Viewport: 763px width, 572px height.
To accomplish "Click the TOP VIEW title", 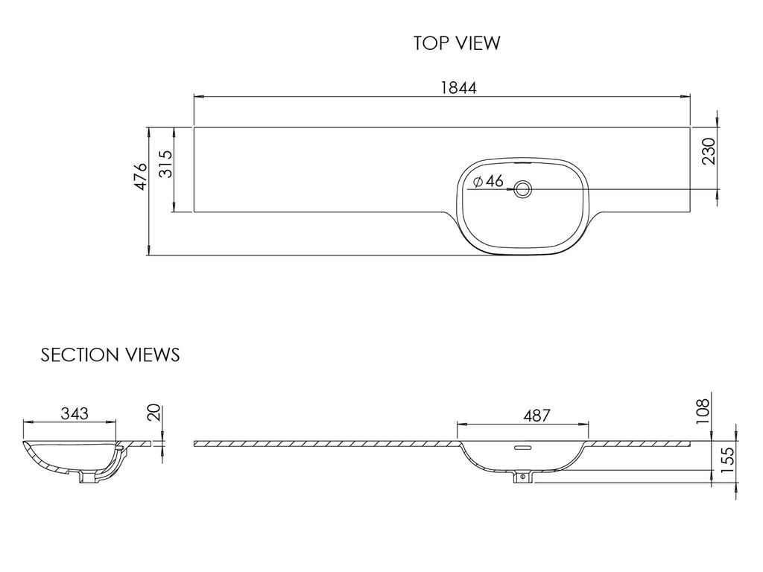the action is pyautogui.click(x=457, y=42).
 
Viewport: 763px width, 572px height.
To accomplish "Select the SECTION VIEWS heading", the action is pyautogui.click(x=110, y=355).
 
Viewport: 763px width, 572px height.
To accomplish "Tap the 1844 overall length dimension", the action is pyautogui.click(x=459, y=88).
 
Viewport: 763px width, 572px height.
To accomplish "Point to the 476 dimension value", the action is pyautogui.click(x=140, y=176).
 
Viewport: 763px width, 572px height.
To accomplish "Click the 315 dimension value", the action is pyautogui.click(x=166, y=164).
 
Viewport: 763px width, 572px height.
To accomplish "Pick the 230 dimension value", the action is pyautogui.click(x=709, y=151).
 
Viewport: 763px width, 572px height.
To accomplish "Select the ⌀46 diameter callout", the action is pyautogui.click(x=488, y=182).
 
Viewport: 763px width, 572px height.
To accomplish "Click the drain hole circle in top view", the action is pyautogui.click(x=523, y=188).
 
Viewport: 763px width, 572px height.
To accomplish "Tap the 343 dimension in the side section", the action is pyautogui.click(x=75, y=413).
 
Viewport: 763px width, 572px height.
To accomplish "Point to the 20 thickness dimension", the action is pyautogui.click(x=153, y=413).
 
